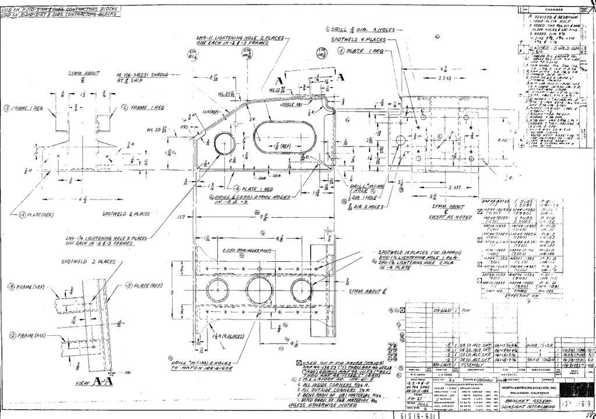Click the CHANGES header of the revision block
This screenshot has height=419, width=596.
coord(554,10)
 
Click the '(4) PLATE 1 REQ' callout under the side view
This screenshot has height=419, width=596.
coord(254,190)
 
